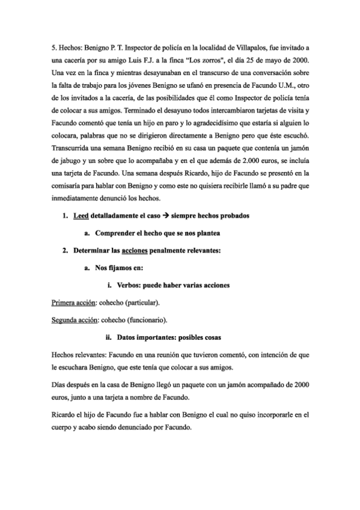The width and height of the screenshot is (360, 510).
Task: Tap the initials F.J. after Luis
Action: click(157, 60)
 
